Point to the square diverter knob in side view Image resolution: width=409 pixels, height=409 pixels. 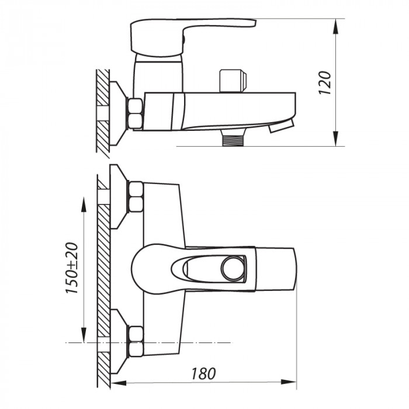232,81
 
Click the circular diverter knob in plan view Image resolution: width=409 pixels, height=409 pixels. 232,268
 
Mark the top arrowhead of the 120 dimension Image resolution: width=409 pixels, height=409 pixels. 337,23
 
